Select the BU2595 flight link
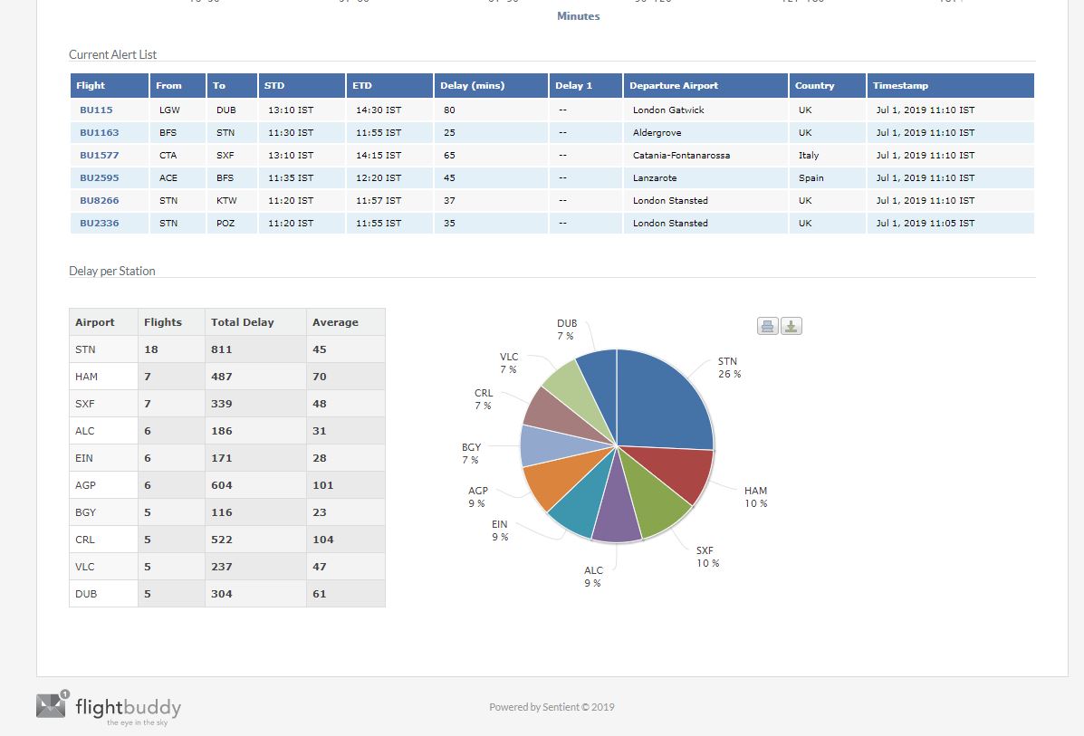[99, 177]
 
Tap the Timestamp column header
[900, 85]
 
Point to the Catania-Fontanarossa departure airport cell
[681, 155]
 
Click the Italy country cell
[809, 155]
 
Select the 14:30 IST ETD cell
[378, 110]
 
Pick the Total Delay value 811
[222, 349]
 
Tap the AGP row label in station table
[85, 485]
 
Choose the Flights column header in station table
[163, 322]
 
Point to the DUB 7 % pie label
[566, 330]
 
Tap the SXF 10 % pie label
[707, 557]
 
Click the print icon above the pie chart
[768, 327]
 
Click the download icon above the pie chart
[791, 327]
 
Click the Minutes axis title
[578, 16]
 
